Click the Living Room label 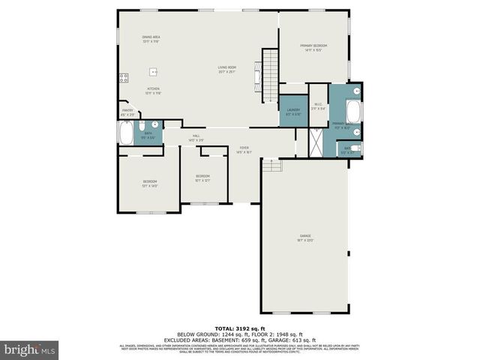pos(227,70)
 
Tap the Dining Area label pos(151,38)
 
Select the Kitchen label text pos(153,90)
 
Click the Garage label pos(305,238)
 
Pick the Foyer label pos(244,149)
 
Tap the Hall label pos(195,137)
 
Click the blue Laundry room pos(293,112)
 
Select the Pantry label pos(127,112)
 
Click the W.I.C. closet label pos(318,106)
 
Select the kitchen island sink pos(154,72)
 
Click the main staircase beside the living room pos(269,75)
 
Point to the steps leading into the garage pos(272,165)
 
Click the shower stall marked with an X pos(318,140)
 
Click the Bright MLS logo pos(30,349)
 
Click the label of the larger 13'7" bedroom pos(151,183)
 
